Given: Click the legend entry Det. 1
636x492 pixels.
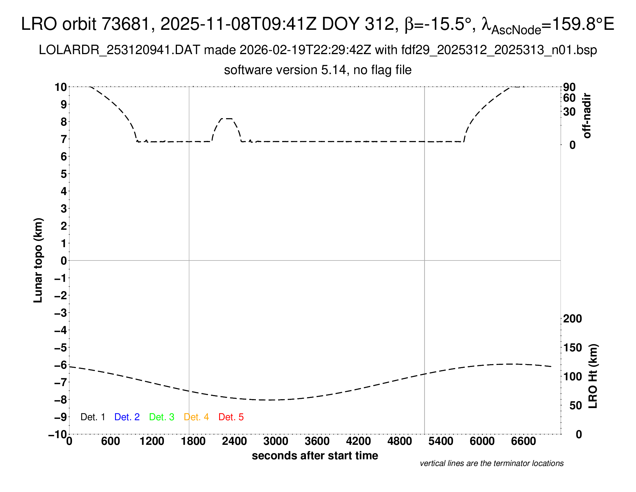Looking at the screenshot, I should (93, 417).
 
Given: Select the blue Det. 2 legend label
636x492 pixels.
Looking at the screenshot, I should (127, 417).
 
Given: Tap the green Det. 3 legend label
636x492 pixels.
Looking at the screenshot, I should (162, 417).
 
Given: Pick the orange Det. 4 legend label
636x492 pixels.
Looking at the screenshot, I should (196, 417).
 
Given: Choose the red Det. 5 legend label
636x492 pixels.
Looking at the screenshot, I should (231, 417).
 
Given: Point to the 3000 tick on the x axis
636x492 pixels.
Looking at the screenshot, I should (276, 441).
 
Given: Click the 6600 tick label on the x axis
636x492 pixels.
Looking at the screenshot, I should (523, 441).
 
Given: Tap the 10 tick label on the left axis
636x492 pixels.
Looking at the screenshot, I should (61, 87).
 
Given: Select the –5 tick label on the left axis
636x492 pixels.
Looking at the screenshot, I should (60, 348).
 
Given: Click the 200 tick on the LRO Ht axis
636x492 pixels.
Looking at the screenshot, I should (572, 319).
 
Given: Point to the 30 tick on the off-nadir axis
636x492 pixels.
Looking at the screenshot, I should (569, 112).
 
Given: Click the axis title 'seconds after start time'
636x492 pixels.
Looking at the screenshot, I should (315, 456).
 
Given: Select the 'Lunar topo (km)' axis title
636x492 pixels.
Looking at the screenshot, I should (38, 260).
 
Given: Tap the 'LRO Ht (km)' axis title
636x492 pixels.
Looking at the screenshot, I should (593, 376).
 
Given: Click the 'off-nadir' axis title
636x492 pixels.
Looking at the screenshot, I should (587, 116).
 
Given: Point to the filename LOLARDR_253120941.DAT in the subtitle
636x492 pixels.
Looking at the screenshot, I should (119, 50).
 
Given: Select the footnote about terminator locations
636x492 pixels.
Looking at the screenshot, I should (491, 463).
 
